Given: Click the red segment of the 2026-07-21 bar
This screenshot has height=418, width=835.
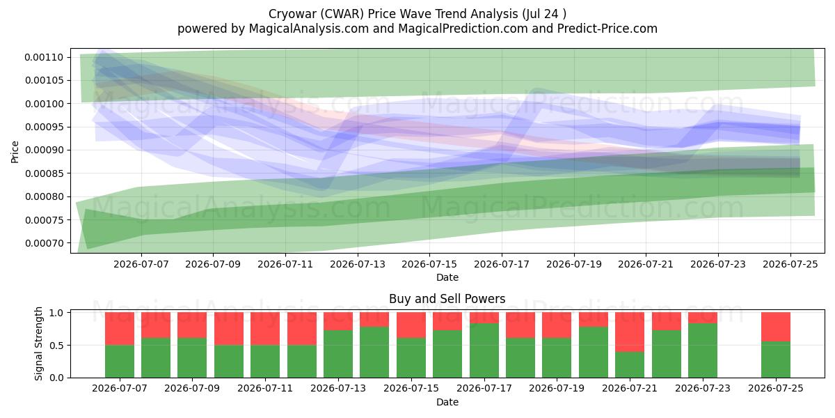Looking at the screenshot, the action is pyautogui.click(x=630, y=332).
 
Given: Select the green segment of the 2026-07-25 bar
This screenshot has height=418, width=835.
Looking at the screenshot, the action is pyautogui.click(x=776, y=359).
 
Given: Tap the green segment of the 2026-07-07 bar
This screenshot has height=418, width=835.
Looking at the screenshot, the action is pyautogui.click(x=120, y=362).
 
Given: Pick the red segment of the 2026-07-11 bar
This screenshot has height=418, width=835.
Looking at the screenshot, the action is pyautogui.click(x=265, y=329).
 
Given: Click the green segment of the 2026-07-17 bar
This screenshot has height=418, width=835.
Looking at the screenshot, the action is pyautogui.click(x=484, y=350).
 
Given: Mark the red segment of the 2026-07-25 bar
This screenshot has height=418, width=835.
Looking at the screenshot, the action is pyautogui.click(x=776, y=327).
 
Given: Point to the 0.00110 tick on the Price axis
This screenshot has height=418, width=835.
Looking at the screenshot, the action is pyautogui.click(x=70, y=57).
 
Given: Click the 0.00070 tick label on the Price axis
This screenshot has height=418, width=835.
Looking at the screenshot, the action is pyautogui.click(x=45, y=243).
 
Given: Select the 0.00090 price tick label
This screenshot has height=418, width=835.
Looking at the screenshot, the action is pyautogui.click(x=45, y=150).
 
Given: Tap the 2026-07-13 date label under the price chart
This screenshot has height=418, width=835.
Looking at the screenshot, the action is pyautogui.click(x=358, y=264).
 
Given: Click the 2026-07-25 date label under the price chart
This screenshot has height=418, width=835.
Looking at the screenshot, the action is pyautogui.click(x=790, y=264).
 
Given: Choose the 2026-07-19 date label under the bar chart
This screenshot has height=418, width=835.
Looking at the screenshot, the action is pyautogui.click(x=557, y=388).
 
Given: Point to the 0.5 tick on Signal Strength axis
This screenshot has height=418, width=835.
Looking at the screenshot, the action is pyautogui.click(x=70, y=346).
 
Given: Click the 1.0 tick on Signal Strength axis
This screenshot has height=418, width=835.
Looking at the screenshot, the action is pyautogui.click(x=70, y=312).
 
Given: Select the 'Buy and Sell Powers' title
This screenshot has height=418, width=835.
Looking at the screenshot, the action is pyautogui.click(x=447, y=299).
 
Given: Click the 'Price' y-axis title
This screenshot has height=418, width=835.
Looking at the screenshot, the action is pyautogui.click(x=15, y=152).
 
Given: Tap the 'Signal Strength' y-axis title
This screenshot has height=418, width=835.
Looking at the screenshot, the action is pyautogui.click(x=39, y=343).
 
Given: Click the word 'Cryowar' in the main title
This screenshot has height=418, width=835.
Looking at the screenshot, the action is pyautogui.click(x=293, y=14).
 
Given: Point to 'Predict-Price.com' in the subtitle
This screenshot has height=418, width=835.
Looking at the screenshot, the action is pyautogui.click(x=607, y=29).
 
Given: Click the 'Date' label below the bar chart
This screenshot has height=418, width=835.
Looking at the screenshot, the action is pyautogui.click(x=447, y=402).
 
